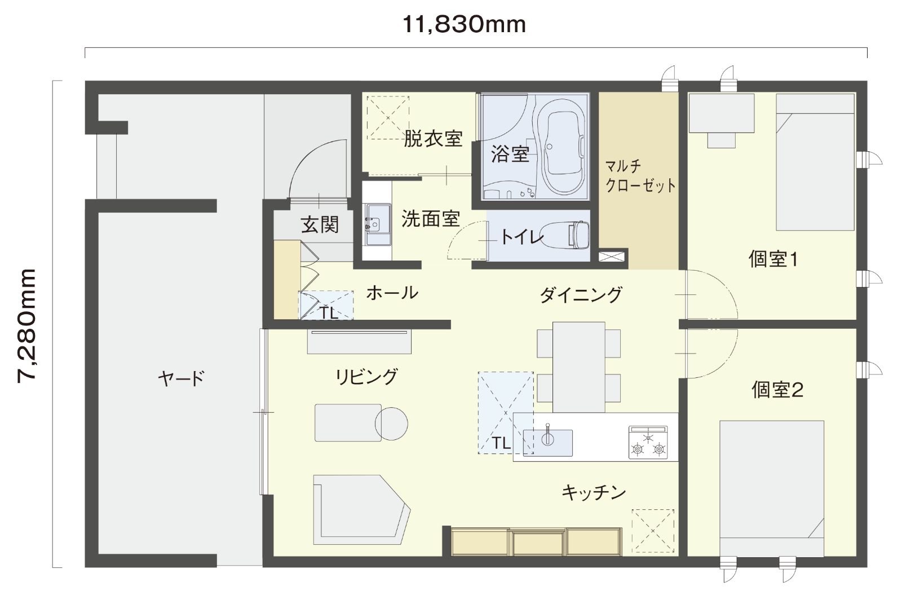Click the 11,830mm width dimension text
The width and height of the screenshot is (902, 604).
(x=464, y=25)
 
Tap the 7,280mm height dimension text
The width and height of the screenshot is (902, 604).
(x=27, y=325)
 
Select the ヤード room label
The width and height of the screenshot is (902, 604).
(x=181, y=378)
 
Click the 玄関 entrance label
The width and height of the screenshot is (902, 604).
(x=320, y=224)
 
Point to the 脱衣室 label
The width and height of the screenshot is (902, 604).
(x=433, y=139)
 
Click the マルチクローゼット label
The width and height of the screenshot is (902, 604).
(x=640, y=176)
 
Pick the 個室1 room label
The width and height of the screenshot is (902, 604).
(x=773, y=259)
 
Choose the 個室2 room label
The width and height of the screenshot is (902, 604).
(x=777, y=390)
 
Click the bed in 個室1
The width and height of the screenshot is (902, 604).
(x=815, y=162)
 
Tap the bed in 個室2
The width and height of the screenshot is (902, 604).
(x=772, y=488)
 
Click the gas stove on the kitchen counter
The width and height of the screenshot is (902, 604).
(x=648, y=442)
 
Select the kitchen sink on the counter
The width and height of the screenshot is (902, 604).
(x=547, y=442)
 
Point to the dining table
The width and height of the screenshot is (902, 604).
(x=578, y=367)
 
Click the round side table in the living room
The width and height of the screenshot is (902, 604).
(x=391, y=424)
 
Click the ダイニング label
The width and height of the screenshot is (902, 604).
(x=580, y=294)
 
